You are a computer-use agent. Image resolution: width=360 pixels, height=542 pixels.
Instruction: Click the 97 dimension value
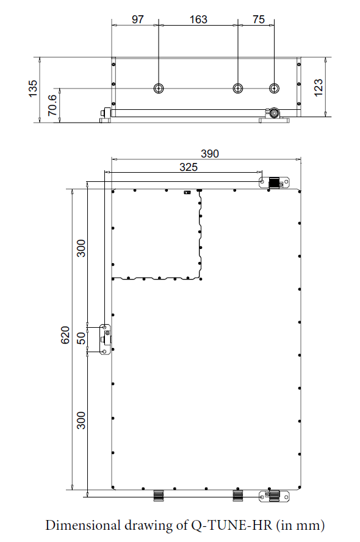point(137,20)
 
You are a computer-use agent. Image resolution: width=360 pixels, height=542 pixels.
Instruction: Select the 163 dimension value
point(198,20)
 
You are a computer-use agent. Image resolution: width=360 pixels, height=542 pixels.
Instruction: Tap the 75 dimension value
point(259,20)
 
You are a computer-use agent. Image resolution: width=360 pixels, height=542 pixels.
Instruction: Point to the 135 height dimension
point(32,89)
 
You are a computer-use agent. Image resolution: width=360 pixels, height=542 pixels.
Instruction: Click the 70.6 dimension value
point(52,105)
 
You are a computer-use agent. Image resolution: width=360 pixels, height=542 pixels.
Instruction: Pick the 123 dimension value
point(318,87)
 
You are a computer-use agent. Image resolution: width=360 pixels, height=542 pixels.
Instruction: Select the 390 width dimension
point(210,153)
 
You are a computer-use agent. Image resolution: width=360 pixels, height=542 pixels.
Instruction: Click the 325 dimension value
point(189,167)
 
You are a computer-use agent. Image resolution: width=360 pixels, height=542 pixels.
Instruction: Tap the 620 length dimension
point(65,335)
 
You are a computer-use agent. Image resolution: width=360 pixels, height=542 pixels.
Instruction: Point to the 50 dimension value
point(81,338)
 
